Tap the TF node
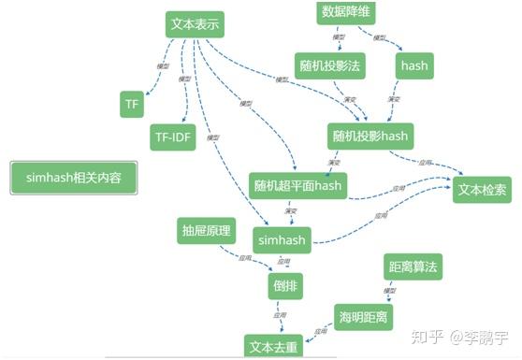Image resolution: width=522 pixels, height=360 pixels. point(131,104)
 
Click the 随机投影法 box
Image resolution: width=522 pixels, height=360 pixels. point(330,65)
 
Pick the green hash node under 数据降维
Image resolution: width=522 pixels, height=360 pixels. point(413,65)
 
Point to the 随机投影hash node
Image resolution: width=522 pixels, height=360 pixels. point(370,136)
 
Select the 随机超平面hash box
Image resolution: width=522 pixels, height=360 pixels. point(298,185)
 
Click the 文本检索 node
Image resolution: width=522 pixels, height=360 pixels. point(483,189)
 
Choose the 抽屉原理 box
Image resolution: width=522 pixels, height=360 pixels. point(206,229)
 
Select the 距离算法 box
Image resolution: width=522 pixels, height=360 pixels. point(413,267)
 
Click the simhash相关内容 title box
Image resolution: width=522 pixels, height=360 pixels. point(74,178)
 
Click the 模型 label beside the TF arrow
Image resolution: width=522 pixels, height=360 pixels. point(162,65)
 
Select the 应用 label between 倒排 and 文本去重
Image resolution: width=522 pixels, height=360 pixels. point(279,316)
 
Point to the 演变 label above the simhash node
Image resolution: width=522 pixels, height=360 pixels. point(291,210)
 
